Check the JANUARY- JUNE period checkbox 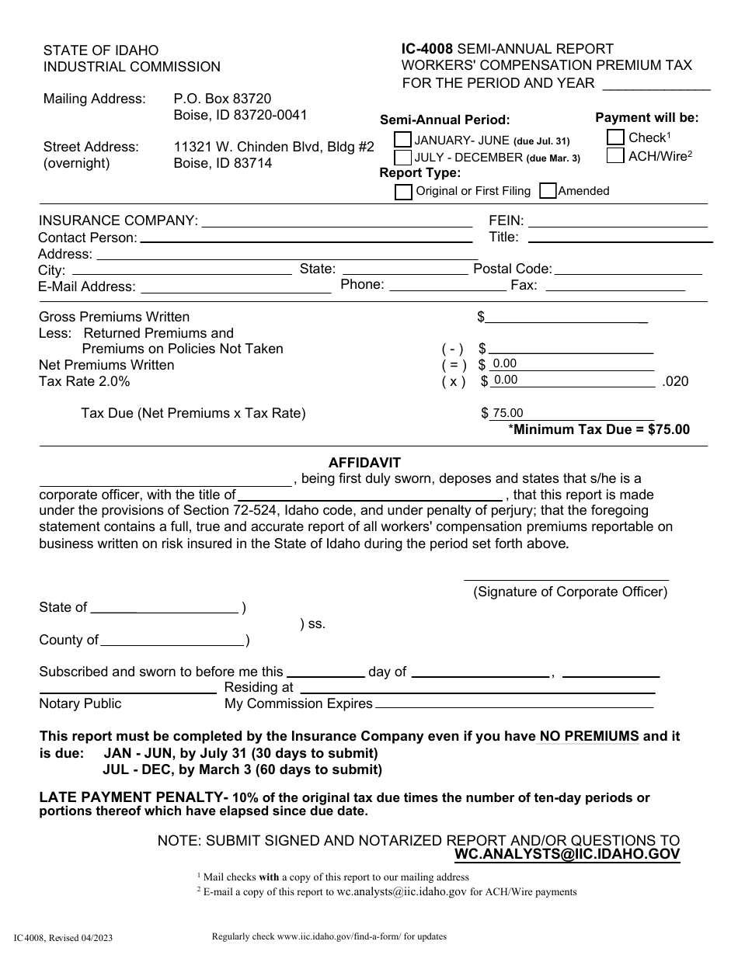(x=403, y=140)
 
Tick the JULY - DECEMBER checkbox (x=403, y=157)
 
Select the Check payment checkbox (x=615, y=137)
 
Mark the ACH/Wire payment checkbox (x=615, y=155)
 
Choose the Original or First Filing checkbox (x=403, y=191)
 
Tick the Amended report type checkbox (x=548, y=191)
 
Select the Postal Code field (x=628, y=269)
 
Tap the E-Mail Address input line (x=234, y=286)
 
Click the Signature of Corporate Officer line (x=566, y=575)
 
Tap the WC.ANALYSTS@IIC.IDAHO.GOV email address (x=567, y=854)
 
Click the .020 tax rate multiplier (x=674, y=381)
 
